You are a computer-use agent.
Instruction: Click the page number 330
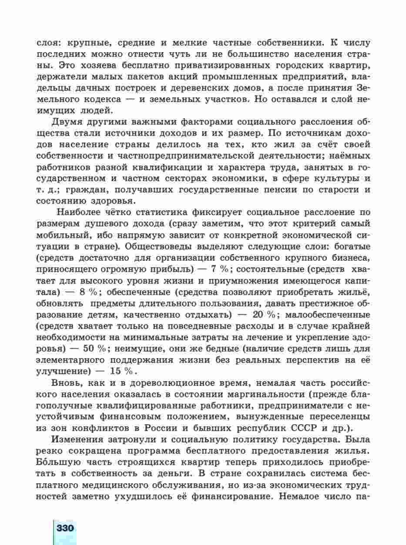click(x=65, y=528)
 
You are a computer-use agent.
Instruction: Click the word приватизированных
click(x=204, y=65)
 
